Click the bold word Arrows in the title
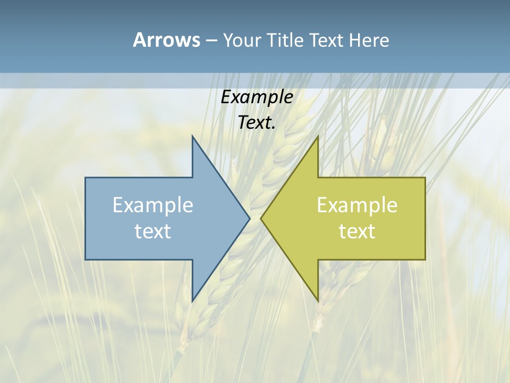(x=166, y=40)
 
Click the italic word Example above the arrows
(x=257, y=97)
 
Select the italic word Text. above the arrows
(x=257, y=123)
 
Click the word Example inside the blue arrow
(x=153, y=205)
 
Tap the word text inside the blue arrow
(x=153, y=231)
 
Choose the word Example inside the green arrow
(x=357, y=205)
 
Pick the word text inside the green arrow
(x=357, y=231)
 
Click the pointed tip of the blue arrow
(x=249, y=218)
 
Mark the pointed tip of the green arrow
(x=261, y=218)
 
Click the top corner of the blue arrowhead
(x=192, y=136)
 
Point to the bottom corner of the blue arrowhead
(x=192, y=301)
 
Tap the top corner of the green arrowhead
(x=318, y=136)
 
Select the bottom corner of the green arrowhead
(x=318, y=301)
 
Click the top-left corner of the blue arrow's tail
(x=86, y=178)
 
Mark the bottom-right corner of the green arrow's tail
(x=425, y=260)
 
